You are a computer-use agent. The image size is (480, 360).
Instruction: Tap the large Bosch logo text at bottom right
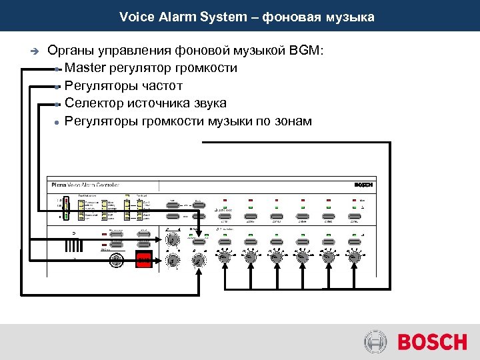[x=432, y=343]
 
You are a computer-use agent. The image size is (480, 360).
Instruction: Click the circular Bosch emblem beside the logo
[x=376, y=343]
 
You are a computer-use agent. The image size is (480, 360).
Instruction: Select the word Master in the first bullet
[x=84, y=68]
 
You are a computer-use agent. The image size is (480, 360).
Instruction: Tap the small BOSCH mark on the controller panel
[x=363, y=185]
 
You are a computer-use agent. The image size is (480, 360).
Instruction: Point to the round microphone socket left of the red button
[x=117, y=261]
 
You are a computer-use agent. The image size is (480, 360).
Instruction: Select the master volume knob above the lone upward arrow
[x=198, y=259]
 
